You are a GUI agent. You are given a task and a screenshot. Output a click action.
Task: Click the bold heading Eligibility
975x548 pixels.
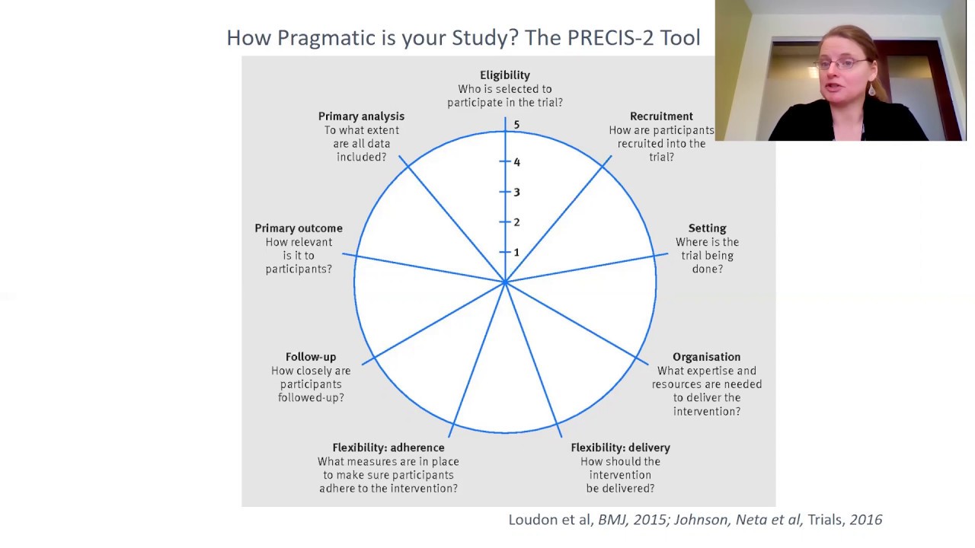504,75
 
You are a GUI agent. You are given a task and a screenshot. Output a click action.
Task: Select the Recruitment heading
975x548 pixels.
661,116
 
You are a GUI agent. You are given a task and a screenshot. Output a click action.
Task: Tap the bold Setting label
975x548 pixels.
707,228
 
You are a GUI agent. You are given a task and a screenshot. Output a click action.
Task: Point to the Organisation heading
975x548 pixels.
706,357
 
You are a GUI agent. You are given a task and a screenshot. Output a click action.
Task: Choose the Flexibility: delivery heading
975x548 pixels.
620,448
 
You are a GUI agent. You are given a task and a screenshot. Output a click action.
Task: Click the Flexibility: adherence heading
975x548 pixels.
388,448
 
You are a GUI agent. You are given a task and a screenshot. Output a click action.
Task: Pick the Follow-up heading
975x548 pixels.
310,357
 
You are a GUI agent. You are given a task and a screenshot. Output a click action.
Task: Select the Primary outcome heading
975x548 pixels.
298,228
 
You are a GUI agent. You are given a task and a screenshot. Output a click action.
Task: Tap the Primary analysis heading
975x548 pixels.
361,116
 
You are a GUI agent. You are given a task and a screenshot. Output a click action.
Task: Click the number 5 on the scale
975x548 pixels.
516,125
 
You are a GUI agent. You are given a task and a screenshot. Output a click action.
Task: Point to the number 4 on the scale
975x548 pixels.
516,162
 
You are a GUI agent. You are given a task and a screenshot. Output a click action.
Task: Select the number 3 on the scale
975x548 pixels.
516,192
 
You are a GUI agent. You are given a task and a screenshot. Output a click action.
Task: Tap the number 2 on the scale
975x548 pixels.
516,222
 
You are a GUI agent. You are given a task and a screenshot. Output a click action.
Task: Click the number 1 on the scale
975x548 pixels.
516,252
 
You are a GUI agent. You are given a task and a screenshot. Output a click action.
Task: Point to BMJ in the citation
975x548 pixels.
612,520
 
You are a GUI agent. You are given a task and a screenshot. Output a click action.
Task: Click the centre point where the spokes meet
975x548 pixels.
505,282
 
